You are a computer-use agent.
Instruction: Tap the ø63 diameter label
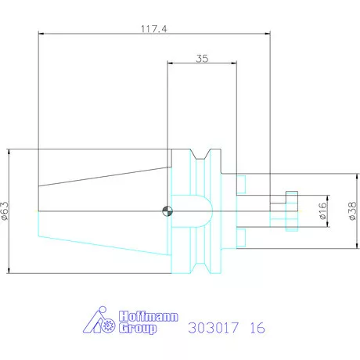pos(6,210)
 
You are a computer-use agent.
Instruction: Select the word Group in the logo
pos(139,328)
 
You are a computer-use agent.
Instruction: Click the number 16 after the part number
pos(256,328)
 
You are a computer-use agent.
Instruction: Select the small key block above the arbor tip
pos(292,196)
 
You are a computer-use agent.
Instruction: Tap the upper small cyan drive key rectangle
pos(242,185)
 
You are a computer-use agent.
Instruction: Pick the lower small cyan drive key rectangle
pos(242,236)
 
